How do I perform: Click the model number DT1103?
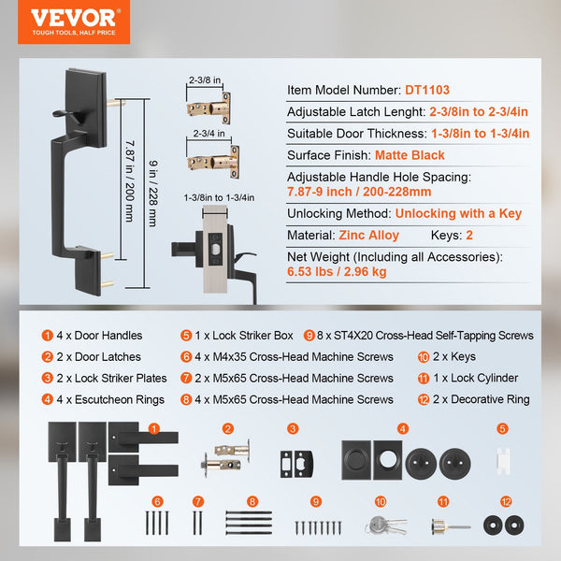point(426,91)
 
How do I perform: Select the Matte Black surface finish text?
point(410,155)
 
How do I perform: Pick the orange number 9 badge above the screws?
point(315,501)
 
